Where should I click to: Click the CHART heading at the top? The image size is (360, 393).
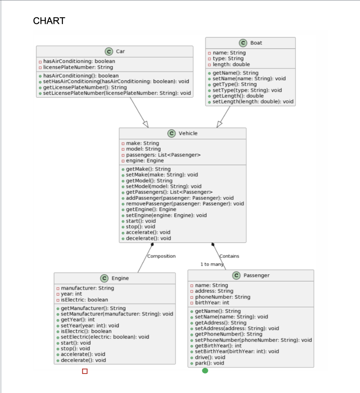[49, 21]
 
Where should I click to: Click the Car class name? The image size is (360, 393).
[120, 51]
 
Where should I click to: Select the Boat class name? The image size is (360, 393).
[256, 43]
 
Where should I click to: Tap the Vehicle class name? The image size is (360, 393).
[188, 133]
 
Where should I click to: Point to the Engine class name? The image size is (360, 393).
[120, 278]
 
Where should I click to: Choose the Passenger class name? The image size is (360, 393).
[256, 276]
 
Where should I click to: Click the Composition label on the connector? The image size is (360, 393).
[161, 256]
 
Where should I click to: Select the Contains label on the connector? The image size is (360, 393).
[229, 256]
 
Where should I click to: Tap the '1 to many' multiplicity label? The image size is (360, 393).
[212, 264]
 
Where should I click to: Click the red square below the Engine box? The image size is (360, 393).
[85, 371]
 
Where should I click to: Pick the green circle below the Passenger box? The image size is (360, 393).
[205, 371]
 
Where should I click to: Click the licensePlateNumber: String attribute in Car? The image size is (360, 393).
[78, 67]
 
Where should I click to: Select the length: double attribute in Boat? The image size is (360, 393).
[231, 64]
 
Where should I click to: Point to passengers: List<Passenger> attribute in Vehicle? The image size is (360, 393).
[163, 155]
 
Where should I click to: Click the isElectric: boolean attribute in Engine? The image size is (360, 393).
[84, 300]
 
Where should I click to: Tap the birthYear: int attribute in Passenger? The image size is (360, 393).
[212, 303]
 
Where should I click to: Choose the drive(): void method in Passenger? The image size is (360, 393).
[210, 357]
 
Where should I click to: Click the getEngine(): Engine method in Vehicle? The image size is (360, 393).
[151, 209]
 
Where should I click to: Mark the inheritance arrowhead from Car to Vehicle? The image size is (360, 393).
[146, 124]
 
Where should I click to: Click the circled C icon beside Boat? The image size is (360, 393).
[243, 43]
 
